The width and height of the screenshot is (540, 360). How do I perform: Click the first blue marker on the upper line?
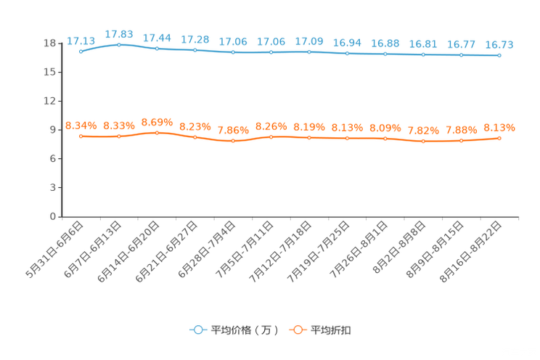(81, 51)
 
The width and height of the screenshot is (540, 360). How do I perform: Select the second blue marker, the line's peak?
(119, 44)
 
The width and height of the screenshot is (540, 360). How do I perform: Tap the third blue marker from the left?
(157, 49)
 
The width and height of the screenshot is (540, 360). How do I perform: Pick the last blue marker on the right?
(499, 55)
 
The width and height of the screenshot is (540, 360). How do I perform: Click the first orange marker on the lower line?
(81, 136)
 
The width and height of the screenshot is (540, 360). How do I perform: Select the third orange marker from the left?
(157, 132)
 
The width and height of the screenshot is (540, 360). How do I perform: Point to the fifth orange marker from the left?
(233, 141)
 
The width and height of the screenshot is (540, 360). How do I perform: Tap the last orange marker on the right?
(499, 138)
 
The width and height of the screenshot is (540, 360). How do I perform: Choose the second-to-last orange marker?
(461, 141)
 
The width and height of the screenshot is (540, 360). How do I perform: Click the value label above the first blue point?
(81, 41)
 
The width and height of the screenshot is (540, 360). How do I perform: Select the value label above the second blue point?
(119, 34)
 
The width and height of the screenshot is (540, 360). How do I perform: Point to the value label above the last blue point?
(499, 45)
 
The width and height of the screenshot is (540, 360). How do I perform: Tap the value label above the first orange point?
(81, 126)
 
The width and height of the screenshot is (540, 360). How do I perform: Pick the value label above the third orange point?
(157, 121)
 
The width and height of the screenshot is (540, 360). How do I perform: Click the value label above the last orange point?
(499, 128)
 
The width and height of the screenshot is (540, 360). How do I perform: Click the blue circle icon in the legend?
(197, 330)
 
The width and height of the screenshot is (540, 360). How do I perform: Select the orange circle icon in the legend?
(297, 330)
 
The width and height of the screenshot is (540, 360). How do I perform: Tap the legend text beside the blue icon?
(245, 330)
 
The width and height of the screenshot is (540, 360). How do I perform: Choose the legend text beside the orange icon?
(332, 330)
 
